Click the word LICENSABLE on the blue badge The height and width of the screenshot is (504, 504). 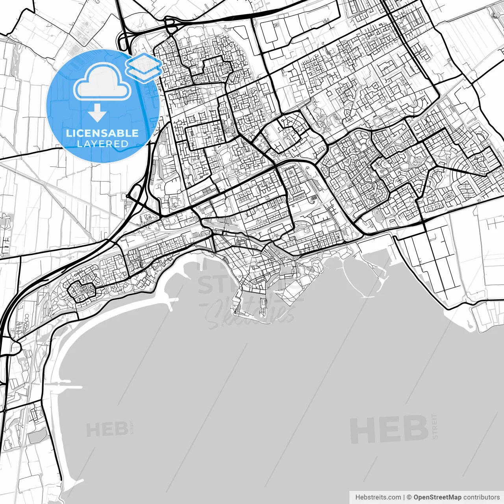click(102, 133)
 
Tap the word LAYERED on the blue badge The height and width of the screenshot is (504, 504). click(102, 144)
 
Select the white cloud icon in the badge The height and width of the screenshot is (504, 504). click(102, 82)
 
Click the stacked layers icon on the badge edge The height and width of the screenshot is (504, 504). click(143, 67)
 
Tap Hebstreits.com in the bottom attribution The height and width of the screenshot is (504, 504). click(378, 497)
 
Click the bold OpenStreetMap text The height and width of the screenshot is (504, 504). click(437, 497)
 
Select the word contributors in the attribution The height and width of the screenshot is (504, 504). click(481, 497)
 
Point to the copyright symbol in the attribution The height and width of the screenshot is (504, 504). click(409, 497)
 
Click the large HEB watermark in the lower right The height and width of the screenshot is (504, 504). click(389, 430)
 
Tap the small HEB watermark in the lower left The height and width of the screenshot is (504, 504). click(107, 430)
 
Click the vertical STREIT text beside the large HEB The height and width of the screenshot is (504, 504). click(435, 426)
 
